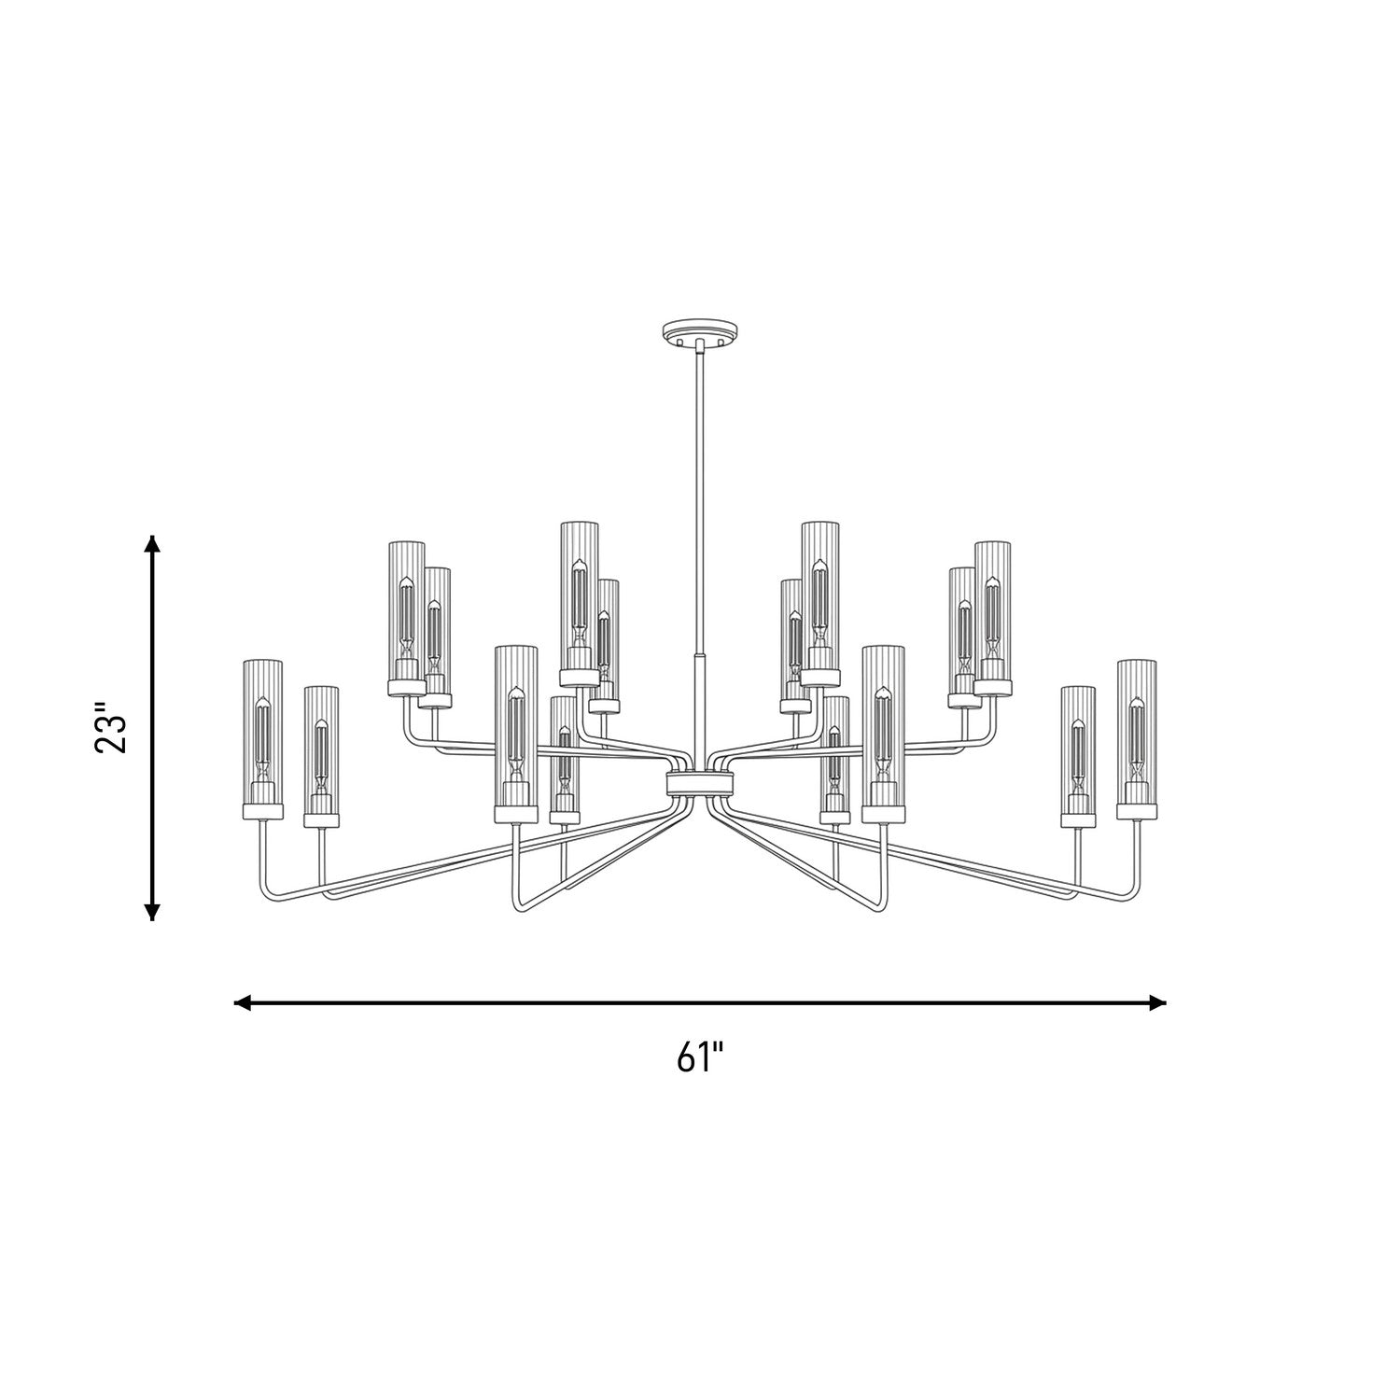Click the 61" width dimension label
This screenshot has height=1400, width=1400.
pos(701,1059)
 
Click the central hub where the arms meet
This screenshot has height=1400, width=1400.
pos(700,782)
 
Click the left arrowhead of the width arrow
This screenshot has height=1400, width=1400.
pos(243,1003)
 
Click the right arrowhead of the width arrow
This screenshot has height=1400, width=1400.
pos(1157,1003)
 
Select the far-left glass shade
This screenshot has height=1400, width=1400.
pos(261,733)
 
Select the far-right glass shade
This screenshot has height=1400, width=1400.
pos(1136,733)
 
